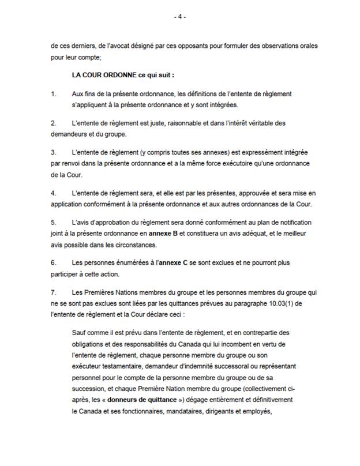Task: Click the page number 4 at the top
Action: [180, 17]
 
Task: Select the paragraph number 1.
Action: [53, 93]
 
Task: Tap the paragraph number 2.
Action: [53, 124]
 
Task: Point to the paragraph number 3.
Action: [53, 152]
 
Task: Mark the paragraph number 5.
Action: [53, 223]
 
